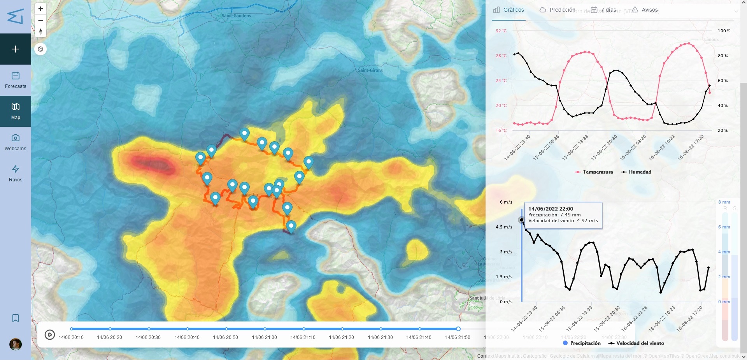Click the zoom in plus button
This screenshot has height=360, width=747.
pos(40,9)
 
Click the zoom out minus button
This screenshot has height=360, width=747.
pos(40,20)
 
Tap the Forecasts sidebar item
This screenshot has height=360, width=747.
pos(16,80)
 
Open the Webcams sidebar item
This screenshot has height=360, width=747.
pos(16,142)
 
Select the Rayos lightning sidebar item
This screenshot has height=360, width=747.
pos(16,174)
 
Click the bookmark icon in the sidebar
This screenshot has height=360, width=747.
pos(16,318)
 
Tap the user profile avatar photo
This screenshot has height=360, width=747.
pos(16,344)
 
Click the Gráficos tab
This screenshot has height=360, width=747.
pos(509,10)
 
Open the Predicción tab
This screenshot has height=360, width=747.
pos(558,10)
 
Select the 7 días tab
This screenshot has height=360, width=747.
pos(604,10)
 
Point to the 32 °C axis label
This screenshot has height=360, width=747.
pos(501,31)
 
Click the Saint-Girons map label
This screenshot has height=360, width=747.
pos(370,70)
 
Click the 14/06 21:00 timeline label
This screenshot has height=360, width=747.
pos(265,337)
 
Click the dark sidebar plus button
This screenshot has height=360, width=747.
pos(16,49)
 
